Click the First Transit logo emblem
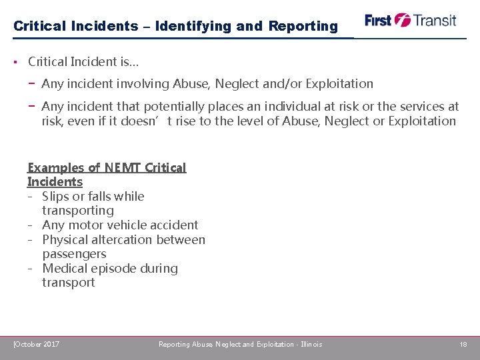(x=403, y=20)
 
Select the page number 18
(x=463, y=344)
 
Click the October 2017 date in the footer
(x=37, y=344)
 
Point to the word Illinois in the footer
(x=311, y=344)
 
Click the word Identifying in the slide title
(x=193, y=27)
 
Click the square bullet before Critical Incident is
(x=15, y=62)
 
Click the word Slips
(x=55, y=197)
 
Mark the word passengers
(x=74, y=254)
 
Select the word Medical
(x=65, y=269)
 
